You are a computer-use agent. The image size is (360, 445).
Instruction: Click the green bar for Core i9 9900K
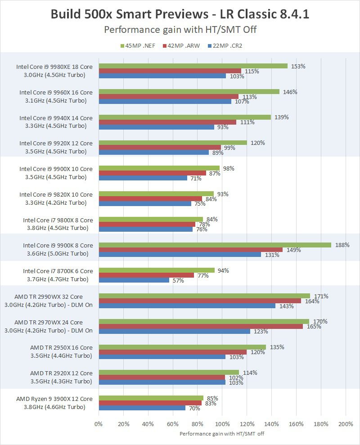click(215, 245)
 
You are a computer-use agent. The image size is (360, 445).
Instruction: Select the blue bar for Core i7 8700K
click(134, 280)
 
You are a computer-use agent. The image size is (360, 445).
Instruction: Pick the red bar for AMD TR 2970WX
click(201, 326)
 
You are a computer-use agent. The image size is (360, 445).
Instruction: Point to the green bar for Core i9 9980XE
click(193, 66)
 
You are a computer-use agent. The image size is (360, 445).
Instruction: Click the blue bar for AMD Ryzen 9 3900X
click(142, 408)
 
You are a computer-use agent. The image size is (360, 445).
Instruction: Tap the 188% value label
click(342, 245)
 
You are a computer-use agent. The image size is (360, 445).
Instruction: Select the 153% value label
click(298, 66)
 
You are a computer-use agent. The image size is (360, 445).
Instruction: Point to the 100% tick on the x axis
click(222, 424)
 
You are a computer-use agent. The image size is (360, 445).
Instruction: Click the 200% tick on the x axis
click(346, 424)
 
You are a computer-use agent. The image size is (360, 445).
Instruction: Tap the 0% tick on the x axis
click(99, 424)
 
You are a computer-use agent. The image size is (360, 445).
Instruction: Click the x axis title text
click(222, 434)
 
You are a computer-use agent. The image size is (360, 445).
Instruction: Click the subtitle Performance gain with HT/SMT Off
click(180, 30)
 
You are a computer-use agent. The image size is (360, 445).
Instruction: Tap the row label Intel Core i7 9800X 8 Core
click(58, 220)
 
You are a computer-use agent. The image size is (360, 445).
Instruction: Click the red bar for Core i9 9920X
click(160, 148)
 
